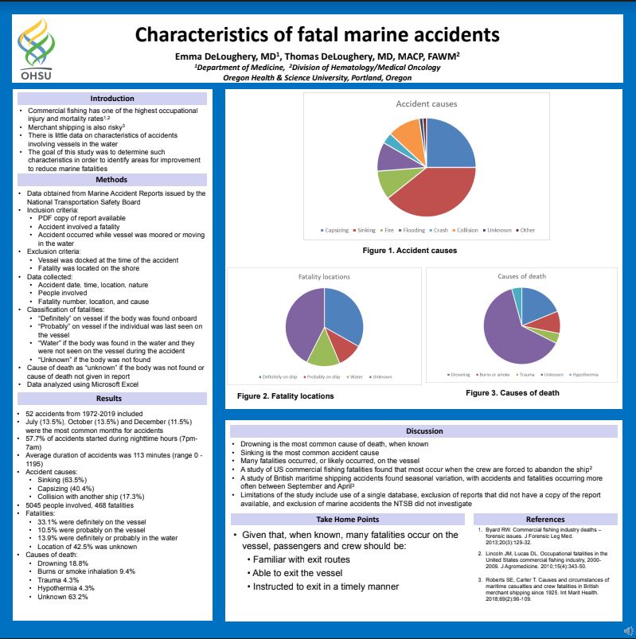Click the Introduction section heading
click(x=112, y=99)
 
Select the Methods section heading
click(x=112, y=180)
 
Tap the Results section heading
click(x=112, y=398)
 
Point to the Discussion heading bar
click(x=424, y=431)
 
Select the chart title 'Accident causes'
click(x=427, y=104)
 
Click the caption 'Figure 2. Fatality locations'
click(x=286, y=395)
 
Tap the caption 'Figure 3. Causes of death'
click(x=512, y=392)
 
